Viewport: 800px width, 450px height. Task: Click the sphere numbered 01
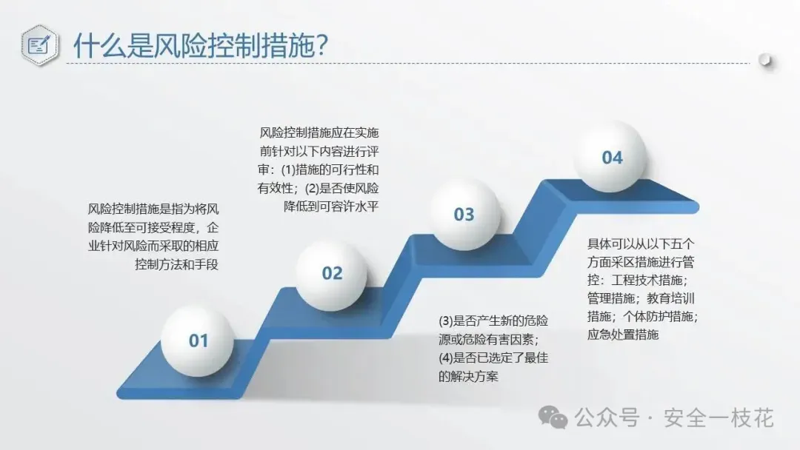tap(198, 340)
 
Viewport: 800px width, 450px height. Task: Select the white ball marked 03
tap(464, 215)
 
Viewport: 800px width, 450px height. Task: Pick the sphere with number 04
tap(610, 156)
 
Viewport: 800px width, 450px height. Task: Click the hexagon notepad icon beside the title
tap(39, 45)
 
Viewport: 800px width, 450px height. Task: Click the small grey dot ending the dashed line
tap(764, 60)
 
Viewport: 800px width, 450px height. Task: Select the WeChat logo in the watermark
tap(553, 418)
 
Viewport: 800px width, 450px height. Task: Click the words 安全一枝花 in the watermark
tap(719, 418)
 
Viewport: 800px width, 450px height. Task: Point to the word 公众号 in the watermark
tap(607, 418)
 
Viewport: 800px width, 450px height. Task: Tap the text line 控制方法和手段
tap(176, 264)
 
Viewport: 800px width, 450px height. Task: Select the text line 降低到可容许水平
tap(331, 206)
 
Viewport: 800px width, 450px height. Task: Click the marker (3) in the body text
tap(445, 321)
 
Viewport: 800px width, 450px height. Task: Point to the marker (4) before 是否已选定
tap(445, 357)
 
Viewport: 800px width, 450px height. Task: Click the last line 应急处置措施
tap(623, 335)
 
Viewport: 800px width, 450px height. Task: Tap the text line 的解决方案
tap(468, 377)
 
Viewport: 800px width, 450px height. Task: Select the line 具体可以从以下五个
tap(641, 244)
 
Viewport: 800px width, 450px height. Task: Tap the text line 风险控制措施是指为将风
tap(153, 209)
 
